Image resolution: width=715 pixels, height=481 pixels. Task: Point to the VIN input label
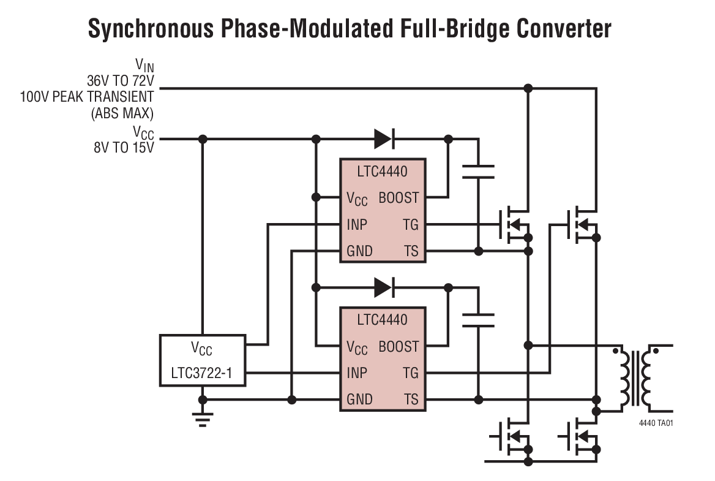coord(144,65)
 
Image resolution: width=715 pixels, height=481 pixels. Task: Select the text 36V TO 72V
coord(120,80)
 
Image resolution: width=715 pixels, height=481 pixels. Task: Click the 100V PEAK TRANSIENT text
coord(87,96)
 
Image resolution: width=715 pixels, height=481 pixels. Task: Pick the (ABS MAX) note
coord(122,112)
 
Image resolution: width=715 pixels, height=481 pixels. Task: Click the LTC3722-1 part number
coord(202,373)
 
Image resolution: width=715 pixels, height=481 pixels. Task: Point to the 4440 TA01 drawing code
coord(656,423)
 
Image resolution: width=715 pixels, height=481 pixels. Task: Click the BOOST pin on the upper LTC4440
coord(399,198)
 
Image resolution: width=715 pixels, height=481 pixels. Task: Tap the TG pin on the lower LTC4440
coord(411,373)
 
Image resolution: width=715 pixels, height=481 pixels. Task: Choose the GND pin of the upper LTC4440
coord(359,251)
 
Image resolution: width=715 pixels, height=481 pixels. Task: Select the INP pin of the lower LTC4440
coord(357,373)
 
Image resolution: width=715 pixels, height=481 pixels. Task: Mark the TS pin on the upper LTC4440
coord(411,251)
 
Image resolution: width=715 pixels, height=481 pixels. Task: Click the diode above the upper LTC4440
coord(383,140)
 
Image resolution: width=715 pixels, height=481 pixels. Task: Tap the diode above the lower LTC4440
coord(383,286)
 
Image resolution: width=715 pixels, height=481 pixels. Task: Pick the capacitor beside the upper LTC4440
coord(478,171)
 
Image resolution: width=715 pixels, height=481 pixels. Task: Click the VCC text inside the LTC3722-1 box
coord(202,349)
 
